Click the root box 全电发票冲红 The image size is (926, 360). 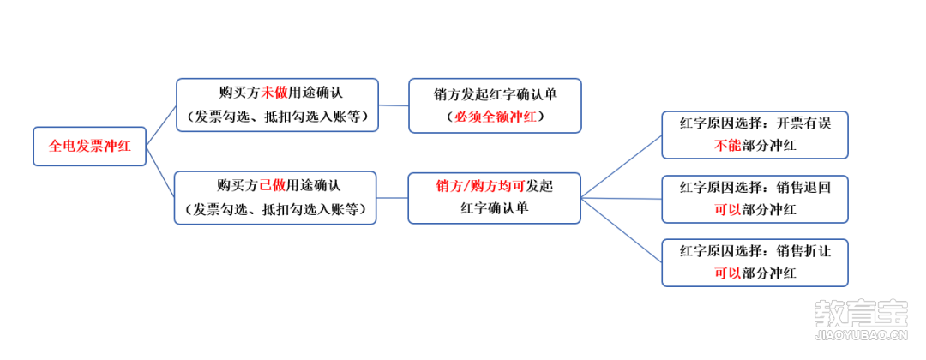90,147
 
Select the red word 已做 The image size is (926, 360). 273,185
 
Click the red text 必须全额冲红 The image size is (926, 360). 496,117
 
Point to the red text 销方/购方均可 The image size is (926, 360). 480,186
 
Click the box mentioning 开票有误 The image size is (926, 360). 755,135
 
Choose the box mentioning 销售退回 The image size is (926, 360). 755,199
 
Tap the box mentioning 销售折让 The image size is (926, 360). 755,262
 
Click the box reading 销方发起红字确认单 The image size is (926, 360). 495,105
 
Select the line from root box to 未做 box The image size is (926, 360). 161,126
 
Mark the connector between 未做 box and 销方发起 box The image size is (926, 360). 394,105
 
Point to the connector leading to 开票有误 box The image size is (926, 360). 622,166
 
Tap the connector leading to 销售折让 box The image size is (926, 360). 622,231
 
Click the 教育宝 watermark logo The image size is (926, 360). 862,314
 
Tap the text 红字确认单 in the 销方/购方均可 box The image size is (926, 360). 495,209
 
